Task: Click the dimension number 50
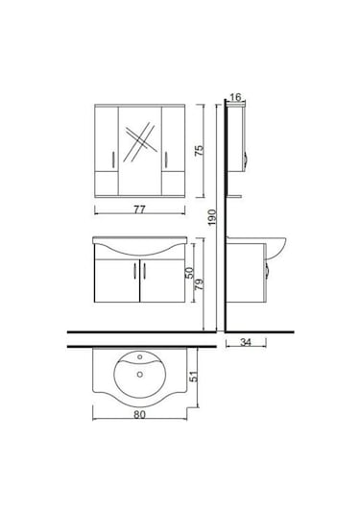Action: tap(190, 276)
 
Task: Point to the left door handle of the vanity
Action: tap(135, 274)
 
